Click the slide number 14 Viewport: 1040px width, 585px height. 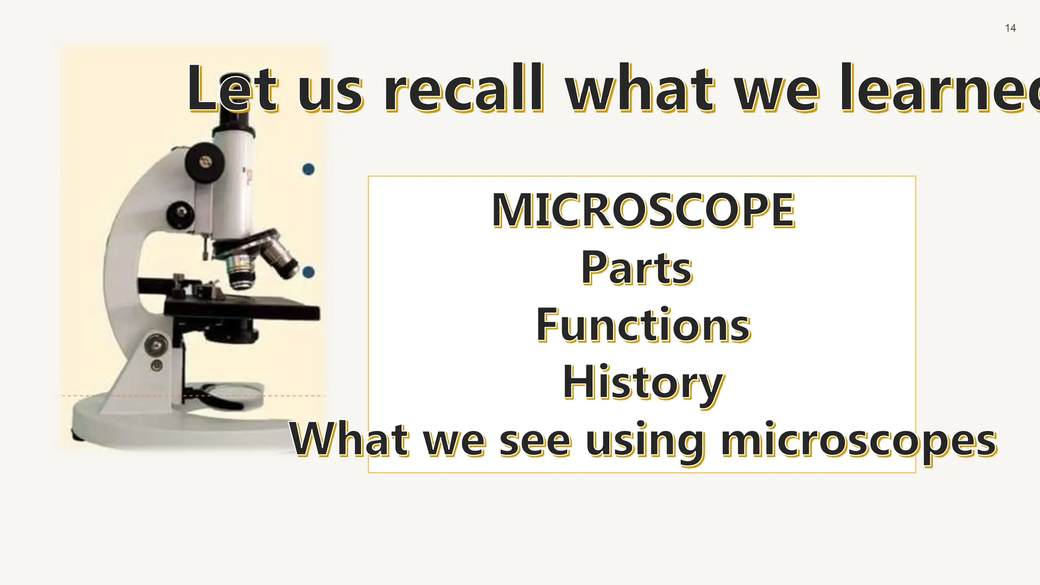(1010, 28)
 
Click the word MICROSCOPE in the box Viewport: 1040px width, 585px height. (643, 210)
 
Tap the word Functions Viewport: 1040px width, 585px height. (643, 325)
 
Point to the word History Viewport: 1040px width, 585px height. (642, 383)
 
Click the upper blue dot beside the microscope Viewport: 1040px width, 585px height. (308, 169)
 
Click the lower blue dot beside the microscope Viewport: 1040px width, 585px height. (308, 272)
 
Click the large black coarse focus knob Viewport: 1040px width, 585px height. (205, 162)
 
